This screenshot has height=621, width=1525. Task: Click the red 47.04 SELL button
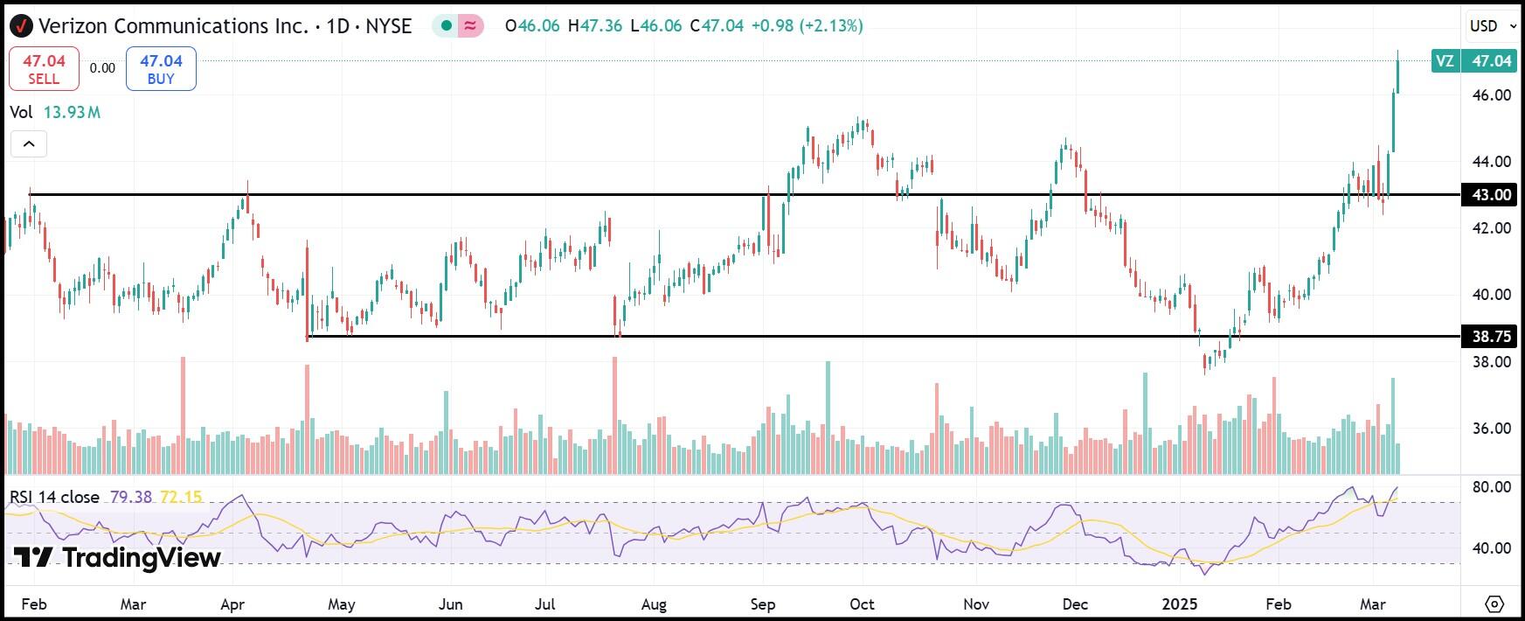coord(44,69)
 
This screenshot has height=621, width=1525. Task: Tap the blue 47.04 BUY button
coord(161,69)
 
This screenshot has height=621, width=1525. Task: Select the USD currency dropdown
coord(1492,26)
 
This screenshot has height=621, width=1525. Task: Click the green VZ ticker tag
coord(1445,60)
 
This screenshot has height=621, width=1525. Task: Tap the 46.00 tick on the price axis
coord(1492,94)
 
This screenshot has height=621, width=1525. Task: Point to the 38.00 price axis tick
coord(1492,361)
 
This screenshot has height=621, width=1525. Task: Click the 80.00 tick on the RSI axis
coord(1492,487)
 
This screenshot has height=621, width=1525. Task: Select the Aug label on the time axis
coord(654,604)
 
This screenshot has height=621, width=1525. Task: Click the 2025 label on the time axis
coord(1180,604)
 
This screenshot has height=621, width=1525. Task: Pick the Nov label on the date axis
coord(975,604)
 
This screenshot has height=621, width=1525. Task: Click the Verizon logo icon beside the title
coord(21,26)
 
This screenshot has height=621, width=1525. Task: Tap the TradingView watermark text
coord(118,557)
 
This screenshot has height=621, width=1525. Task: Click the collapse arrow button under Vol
coord(29,144)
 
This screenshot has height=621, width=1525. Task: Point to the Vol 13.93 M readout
coord(55,112)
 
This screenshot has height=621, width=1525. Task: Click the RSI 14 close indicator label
coord(54,497)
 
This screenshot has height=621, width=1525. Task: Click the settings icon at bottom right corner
coord(1494,604)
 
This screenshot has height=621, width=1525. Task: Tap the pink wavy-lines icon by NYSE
coord(471,25)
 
